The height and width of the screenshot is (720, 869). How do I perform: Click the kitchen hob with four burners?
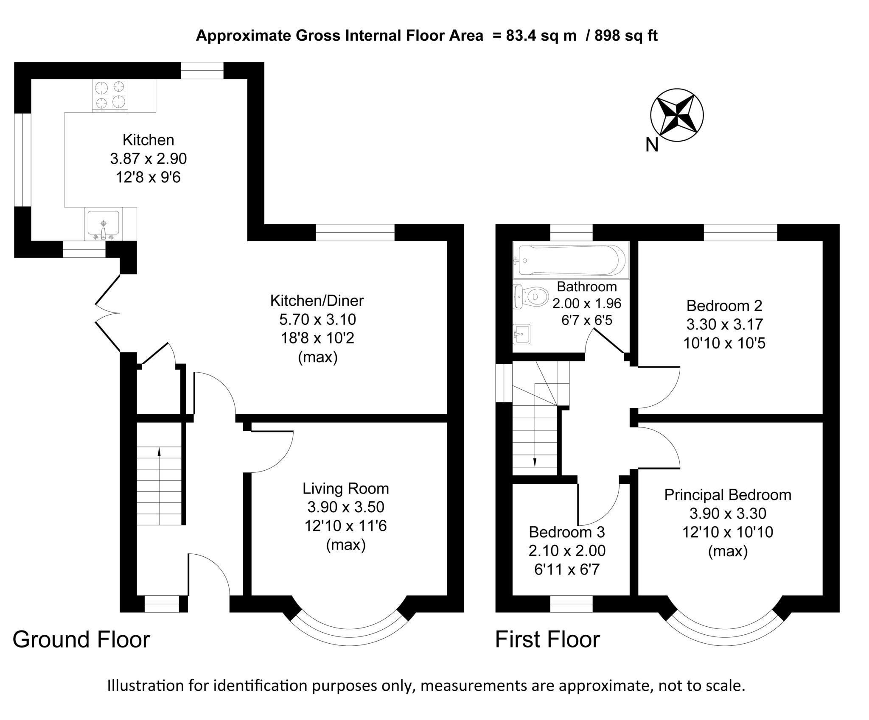110,95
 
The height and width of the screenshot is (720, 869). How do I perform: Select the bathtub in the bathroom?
570,260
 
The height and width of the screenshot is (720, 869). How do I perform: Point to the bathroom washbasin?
521,334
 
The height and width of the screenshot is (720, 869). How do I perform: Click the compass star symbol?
677,115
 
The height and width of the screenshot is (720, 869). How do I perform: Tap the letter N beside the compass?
652,145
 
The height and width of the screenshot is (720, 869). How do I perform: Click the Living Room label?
345,488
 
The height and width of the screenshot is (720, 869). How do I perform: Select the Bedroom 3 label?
566,532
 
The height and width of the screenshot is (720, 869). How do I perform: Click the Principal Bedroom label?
727,494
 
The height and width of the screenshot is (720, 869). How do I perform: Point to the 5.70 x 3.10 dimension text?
317,319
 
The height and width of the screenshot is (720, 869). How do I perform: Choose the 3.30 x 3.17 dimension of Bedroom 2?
724,324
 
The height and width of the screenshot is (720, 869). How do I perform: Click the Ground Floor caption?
81,639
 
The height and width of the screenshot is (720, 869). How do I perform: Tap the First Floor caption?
547,639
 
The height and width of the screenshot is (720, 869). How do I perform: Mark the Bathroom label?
586,287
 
